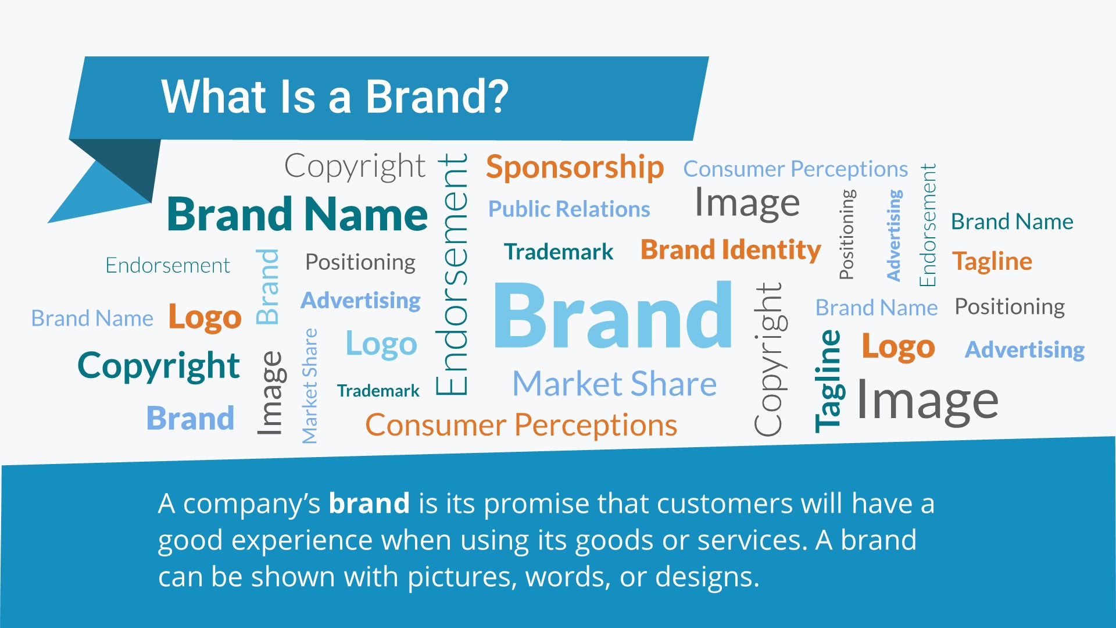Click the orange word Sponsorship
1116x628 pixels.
point(575,168)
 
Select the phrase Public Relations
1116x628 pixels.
point(569,209)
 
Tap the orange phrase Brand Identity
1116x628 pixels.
point(731,251)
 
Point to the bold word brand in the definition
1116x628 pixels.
point(369,503)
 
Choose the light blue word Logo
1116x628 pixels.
point(381,344)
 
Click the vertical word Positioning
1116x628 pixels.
point(847,234)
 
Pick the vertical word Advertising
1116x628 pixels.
point(893,235)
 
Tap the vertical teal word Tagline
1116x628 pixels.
point(828,381)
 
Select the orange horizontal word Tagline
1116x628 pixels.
point(992,262)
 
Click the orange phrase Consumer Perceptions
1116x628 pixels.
point(521,425)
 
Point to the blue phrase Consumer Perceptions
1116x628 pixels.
point(795,169)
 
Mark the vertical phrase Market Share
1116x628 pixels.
point(310,386)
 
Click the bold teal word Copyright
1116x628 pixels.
point(159,366)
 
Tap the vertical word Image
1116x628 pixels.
point(271,393)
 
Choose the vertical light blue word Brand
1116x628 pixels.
point(268,287)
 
